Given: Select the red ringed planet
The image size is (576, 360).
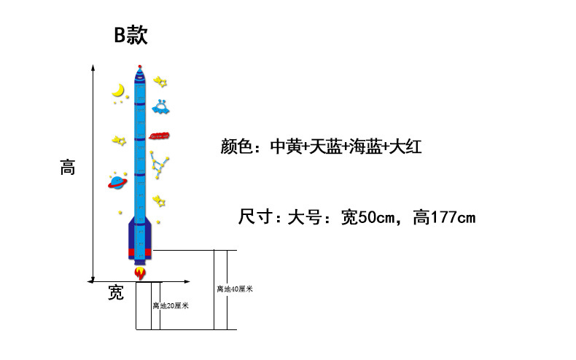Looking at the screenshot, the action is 117,181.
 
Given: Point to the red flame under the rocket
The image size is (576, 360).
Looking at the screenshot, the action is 140,273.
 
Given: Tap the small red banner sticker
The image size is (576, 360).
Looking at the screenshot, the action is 160,136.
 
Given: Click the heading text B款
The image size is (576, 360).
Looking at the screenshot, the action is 131,36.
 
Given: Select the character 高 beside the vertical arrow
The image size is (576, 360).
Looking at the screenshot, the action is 67,168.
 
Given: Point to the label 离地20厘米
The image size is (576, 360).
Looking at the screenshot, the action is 171,306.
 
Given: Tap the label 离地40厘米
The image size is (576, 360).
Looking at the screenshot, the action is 234,289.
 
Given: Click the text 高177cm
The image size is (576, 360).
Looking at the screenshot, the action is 444,217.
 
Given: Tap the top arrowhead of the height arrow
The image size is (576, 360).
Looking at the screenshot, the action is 93,67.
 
